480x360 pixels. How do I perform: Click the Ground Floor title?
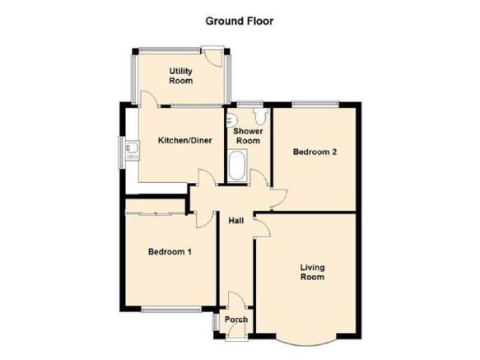(240, 21)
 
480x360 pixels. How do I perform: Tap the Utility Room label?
(181, 76)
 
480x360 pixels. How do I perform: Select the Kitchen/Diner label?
(185, 140)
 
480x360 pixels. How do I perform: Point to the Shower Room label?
(248, 136)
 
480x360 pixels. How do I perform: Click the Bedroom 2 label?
(315, 152)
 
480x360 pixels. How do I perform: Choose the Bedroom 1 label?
(170, 252)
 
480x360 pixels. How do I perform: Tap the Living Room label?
(312, 272)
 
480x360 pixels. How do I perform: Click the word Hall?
(236, 221)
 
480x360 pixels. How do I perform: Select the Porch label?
(236, 320)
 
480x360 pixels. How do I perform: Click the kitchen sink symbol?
(133, 150)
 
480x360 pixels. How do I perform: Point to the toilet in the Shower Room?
(260, 116)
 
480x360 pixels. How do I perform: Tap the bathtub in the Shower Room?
(237, 165)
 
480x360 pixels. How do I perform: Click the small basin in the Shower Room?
(230, 119)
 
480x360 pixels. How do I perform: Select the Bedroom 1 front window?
(171, 310)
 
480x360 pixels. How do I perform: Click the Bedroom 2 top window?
(315, 105)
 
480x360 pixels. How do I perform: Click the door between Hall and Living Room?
(262, 226)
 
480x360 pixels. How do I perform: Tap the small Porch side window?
(216, 322)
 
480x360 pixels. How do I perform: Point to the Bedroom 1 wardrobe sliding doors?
(155, 214)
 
